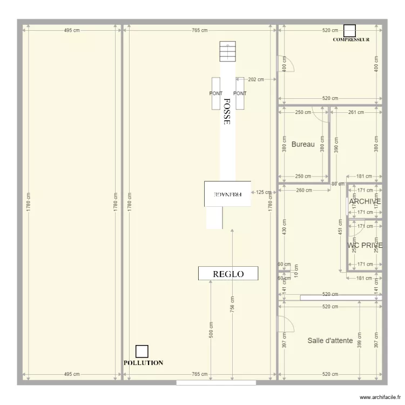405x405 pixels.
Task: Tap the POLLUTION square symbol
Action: coord(141,352)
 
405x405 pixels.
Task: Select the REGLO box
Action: coord(228,274)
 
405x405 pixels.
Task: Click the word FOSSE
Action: coord(227,112)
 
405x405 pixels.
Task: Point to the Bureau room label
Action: coord(303,144)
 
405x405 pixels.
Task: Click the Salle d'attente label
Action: coord(330,340)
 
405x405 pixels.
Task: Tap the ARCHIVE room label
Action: coord(364,201)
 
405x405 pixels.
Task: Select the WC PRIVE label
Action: coord(365,245)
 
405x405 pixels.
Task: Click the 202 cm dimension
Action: coord(256,79)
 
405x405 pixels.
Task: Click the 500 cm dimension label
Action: coord(211,330)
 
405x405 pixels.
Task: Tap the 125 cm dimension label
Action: coord(264,192)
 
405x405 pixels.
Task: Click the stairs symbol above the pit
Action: coord(227,52)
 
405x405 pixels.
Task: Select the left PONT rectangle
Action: coord(216,93)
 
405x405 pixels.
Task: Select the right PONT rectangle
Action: coord(240,93)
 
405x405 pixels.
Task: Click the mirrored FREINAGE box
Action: coord(227,193)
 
